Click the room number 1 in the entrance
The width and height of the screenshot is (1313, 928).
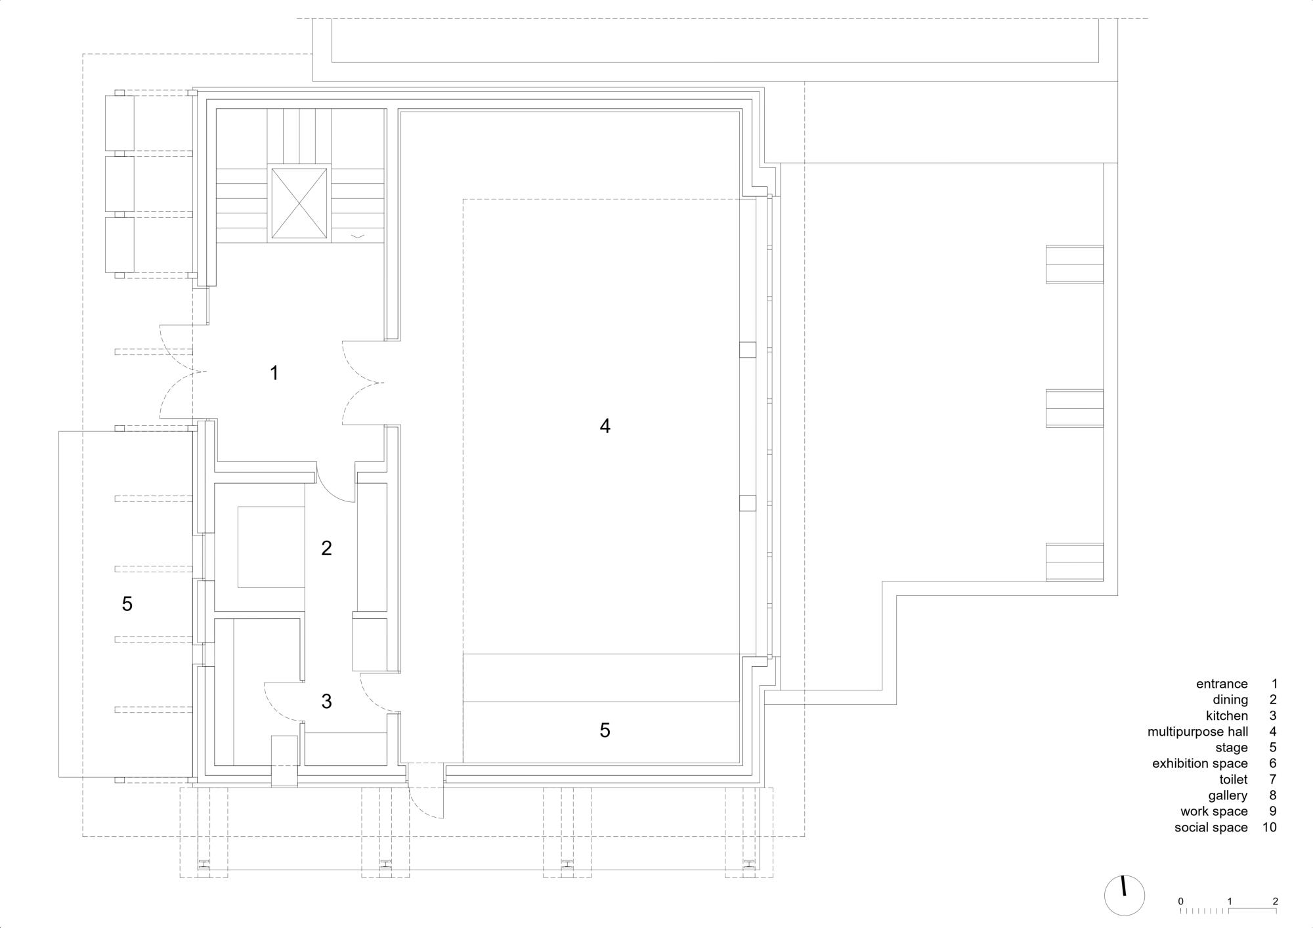tap(274, 373)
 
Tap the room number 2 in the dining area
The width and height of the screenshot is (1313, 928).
tap(326, 548)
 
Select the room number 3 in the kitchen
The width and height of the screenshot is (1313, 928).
tap(326, 702)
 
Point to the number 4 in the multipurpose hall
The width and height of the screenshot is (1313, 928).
tap(605, 427)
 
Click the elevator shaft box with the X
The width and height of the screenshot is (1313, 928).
tap(299, 203)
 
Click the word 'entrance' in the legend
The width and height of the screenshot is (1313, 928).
tap(1222, 684)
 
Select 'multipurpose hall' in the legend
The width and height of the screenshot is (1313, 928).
tap(1197, 732)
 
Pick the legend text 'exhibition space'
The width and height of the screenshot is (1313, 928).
tap(1200, 764)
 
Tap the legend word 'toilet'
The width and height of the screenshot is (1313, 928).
tap(1234, 780)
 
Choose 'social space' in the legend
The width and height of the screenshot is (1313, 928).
tap(1211, 828)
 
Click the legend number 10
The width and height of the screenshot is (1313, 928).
tap(1269, 828)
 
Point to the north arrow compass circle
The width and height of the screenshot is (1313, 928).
tap(1124, 895)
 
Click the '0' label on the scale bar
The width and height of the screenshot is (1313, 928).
tap(1180, 901)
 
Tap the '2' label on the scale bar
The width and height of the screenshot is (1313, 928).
tap(1276, 901)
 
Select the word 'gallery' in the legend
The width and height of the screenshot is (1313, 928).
tap(1228, 796)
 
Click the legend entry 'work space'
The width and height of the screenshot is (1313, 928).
tap(1214, 812)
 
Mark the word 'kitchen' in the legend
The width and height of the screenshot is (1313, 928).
tap(1227, 716)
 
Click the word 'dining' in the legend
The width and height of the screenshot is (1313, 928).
tap(1230, 700)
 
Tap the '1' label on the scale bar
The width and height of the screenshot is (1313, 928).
tap(1229, 901)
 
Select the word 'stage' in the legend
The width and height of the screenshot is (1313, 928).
tap(1232, 748)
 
